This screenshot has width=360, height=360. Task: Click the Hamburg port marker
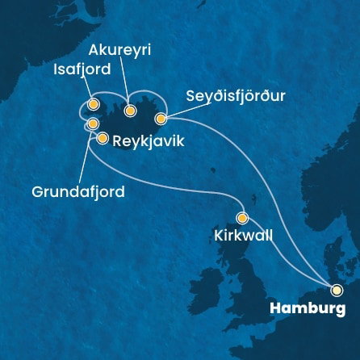[x=337, y=290]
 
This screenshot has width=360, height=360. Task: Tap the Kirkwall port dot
[x=242, y=217]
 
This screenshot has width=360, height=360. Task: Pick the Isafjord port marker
[x=94, y=104]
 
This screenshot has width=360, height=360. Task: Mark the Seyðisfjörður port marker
[x=160, y=119]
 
